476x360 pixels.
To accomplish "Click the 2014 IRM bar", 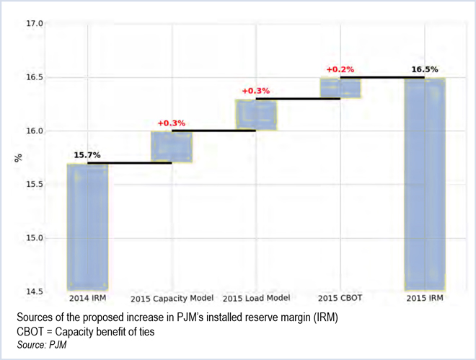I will click(x=87, y=227).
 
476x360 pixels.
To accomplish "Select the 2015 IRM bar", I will click(x=424, y=183).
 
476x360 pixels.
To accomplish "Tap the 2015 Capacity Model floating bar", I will click(x=172, y=147).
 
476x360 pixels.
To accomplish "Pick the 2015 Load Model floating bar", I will click(x=256, y=115).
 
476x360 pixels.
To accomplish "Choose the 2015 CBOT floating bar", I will click(x=340, y=87).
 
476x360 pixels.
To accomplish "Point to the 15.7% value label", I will click(x=87, y=155).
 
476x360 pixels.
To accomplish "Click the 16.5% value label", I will click(x=424, y=70).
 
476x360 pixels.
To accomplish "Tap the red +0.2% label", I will click(x=340, y=70).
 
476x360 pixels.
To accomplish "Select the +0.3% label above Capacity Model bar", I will click(x=172, y=123).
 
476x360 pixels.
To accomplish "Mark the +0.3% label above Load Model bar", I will click(x=256, y=91).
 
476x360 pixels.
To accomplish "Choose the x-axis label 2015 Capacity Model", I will click(x=172, y=299).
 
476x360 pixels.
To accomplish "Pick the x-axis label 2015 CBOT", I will click(x=340, y=298).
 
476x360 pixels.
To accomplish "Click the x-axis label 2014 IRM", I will click(x=87, y=298).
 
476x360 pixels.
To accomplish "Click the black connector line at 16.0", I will click(x=214, y=131).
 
